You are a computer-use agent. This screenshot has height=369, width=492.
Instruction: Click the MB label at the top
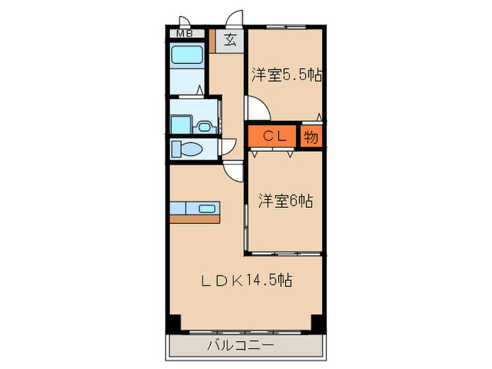coord(185,33)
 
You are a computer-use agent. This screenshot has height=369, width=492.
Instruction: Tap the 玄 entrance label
coord(230,39)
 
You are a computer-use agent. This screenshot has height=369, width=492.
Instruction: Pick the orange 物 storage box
coord(311,136)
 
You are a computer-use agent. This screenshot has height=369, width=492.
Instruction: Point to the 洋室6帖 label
coord(285,200)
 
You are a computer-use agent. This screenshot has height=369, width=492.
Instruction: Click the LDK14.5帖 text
coord(247,280)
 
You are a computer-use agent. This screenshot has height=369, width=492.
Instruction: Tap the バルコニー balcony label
coord(240,345)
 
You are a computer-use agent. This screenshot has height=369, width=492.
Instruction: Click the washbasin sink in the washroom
coord(205,127)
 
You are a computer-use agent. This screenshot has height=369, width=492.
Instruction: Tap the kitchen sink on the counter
coord(207,208)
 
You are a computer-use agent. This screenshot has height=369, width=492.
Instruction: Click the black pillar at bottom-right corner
coord(318,324)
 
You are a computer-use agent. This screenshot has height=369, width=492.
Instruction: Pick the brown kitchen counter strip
coord(195,218)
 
